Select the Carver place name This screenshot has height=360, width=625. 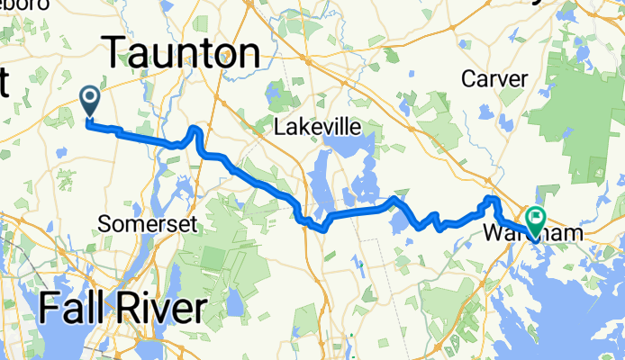[x=494, y=78]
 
